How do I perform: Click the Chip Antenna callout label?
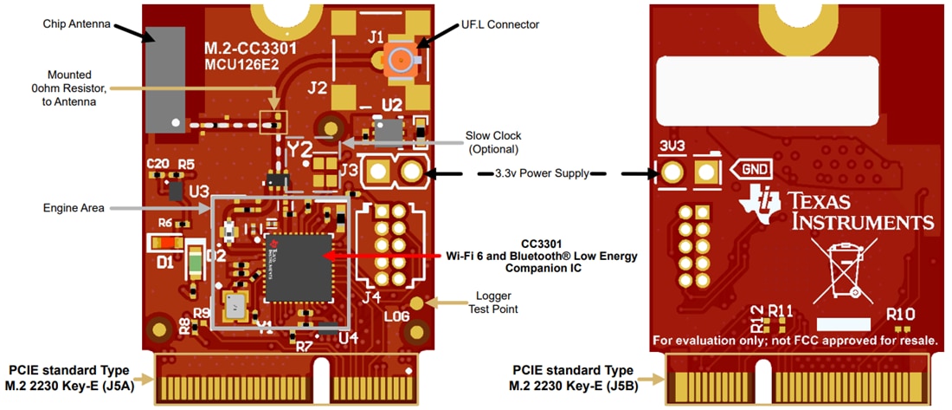point(77,23)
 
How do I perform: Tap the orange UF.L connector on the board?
point(399,60)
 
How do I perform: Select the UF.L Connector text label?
point(499,24)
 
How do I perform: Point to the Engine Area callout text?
point(74,208)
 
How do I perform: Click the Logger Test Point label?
point(492,303)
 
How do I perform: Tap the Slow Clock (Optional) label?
point(493,142)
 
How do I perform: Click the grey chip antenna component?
point(165,79)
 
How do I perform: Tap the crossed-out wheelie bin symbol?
point(839,268)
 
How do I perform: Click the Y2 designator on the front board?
point(301,150)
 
